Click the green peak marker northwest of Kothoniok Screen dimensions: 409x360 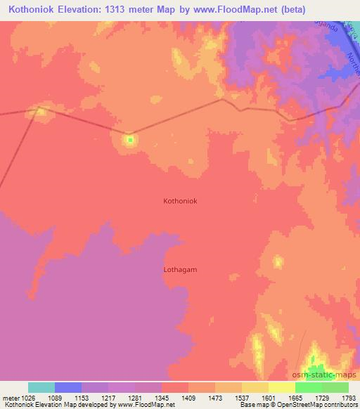[x=129, y=139]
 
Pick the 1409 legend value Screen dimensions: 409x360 [x=188, y=398]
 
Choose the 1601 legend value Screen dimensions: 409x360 [x=268, y=398]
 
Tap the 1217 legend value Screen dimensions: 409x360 [x=108, y=398]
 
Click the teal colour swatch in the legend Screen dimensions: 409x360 [x=41, y=387]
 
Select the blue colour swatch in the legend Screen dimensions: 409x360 [x=68, y=387]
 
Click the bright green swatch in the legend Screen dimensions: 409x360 [x=309, y=387]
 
